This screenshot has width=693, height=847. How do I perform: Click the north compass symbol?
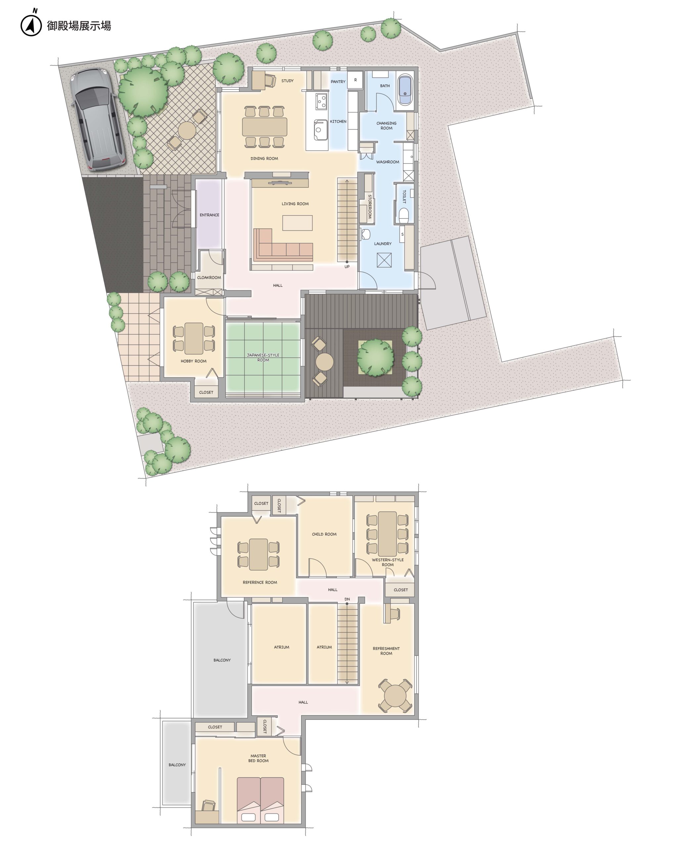click(x=31, y=25)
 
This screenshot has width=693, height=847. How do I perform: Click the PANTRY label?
click(x=338, y=81)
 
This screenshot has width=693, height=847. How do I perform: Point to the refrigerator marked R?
click(x=355, y=80)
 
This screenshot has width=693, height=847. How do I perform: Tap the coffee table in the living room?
click(x=298, y=223)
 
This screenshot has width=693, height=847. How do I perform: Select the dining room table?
click(x=264, y=126)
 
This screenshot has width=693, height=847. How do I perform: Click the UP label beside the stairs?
click(x=347, y=267)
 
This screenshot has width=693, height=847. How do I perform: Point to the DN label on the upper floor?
click(x=347, y=599)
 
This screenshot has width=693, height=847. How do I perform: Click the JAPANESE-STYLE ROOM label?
click(x=263, y=357)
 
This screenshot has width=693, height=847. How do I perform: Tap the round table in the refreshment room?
click(x=395, y=696)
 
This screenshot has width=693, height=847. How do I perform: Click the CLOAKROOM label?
click(x=209, y=277)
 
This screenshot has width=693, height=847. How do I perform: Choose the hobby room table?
click(x=194, y=338)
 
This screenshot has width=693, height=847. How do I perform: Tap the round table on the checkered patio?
click(x=187, y=130)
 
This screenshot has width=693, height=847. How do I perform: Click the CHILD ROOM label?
click(x=324, y=534)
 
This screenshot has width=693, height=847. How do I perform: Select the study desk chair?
click(x=269, y=81)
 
